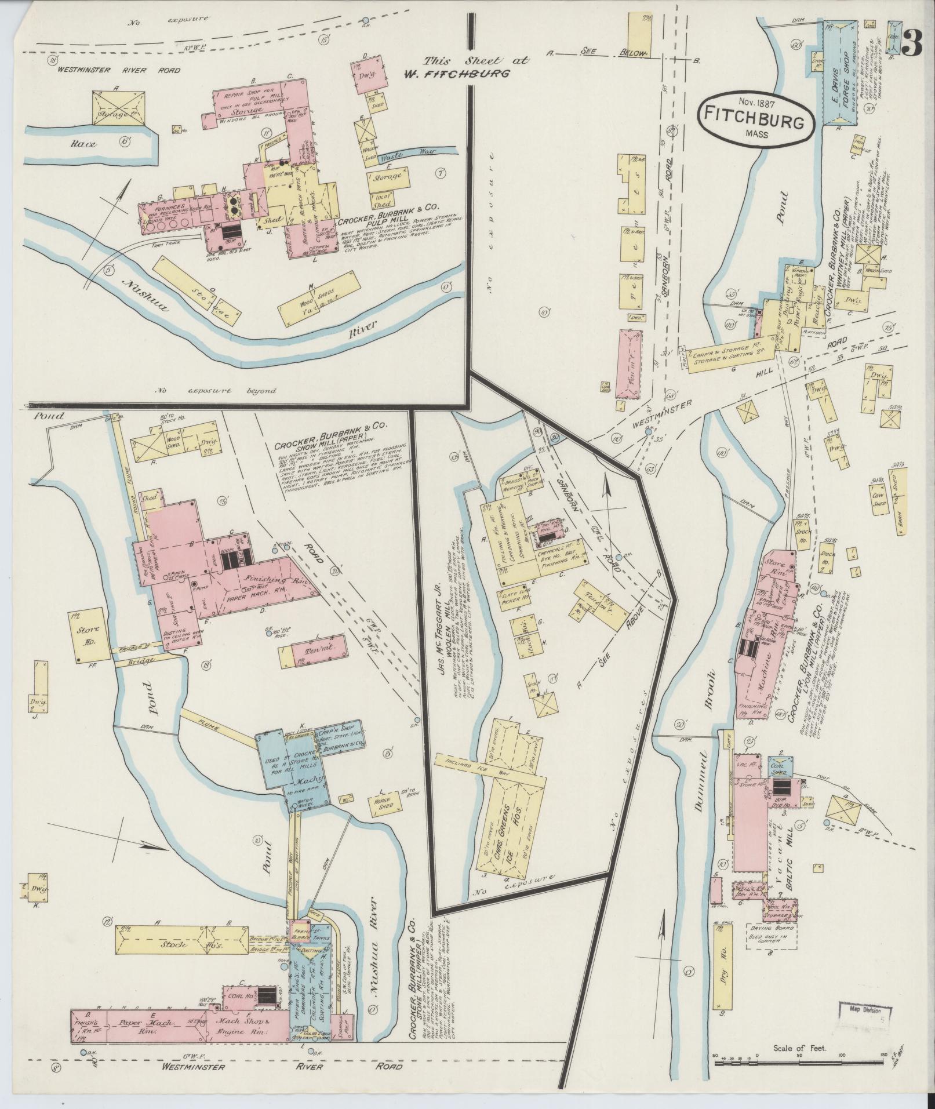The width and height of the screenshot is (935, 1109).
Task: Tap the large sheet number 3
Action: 912,43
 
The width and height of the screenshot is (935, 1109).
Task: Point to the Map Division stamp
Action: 865,1012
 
